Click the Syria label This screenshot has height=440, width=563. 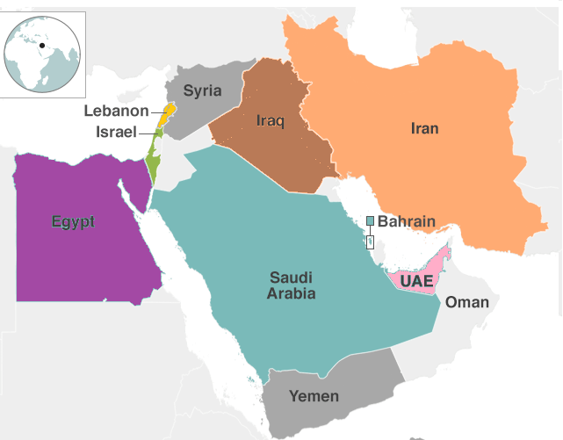[x=202, y=90]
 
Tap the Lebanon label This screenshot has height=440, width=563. [x=117, y=111]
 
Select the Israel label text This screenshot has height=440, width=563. [x=116, y=132]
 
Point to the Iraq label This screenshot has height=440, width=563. [x=271, y=120]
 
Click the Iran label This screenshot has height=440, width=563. [x=424, y=129]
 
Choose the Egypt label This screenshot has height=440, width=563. [x=73, y=221]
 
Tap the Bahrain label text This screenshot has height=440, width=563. [x=407, y=221]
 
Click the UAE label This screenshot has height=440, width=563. [x=416, y=281]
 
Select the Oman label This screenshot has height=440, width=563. [x=467, y=302]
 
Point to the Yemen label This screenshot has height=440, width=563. [x=314, y=396]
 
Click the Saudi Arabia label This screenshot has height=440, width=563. [x=292, y=285]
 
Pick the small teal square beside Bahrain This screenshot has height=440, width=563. [x=370, y=220]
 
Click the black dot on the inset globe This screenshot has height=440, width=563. [x=41, y=45]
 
